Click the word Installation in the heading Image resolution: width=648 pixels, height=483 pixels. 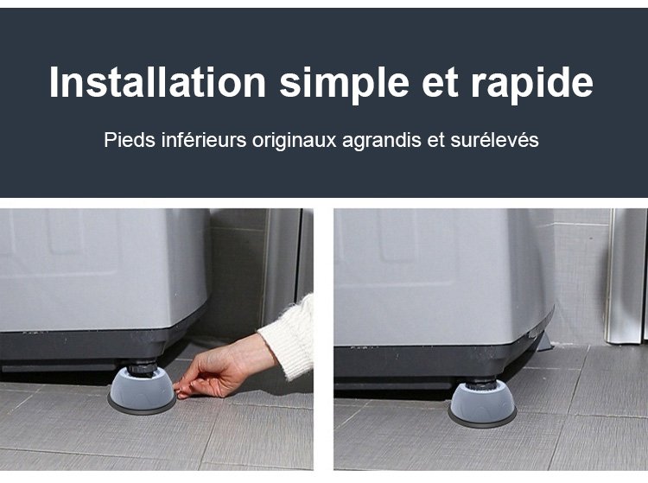click(157, 82)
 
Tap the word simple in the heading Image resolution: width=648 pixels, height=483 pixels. click(344, 86)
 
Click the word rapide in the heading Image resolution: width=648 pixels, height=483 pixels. click(531, 86)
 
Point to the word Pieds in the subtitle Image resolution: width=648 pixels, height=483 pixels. click(130, 140)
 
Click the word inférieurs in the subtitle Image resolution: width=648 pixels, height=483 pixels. click(203, 140)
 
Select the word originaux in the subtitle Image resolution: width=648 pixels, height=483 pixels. click(295, 142)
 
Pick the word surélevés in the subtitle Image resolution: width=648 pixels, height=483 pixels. click(494, 140)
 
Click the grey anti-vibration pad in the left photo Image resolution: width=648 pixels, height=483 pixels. click(142, 389)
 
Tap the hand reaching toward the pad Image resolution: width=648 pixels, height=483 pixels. click(222, 371)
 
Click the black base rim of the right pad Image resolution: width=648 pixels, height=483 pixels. click(482, 422)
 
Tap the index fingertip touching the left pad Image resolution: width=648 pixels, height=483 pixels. click(178, 388)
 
